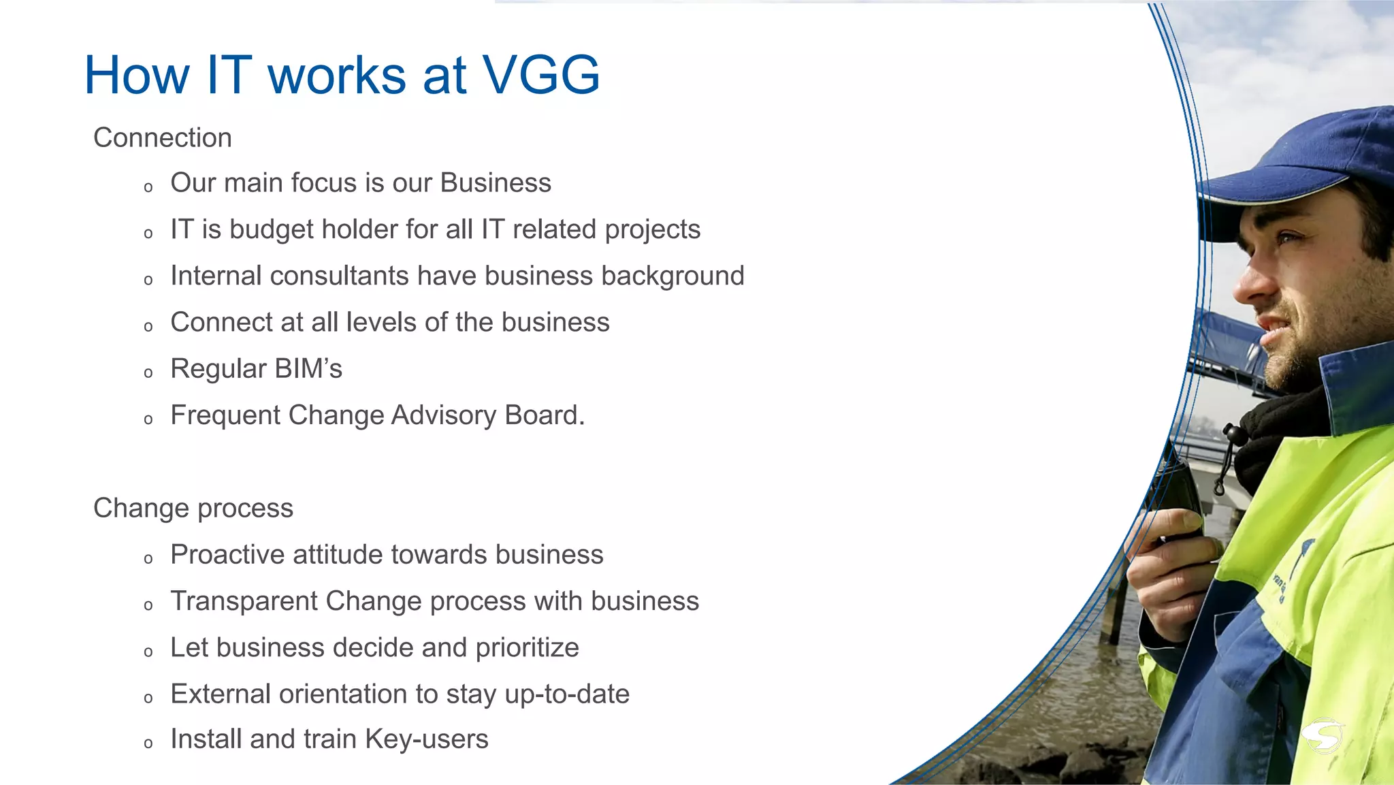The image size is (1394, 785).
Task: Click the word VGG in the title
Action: [x=541, y=75]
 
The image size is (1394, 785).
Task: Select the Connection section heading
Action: [x=163, y=138]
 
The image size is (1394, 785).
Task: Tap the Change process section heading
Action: [x=193, y=509]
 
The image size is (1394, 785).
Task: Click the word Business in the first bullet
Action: [x=496, y=183]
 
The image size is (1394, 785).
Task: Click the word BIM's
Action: [x=308, y=369]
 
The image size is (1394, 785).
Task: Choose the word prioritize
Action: [x=527, y=648]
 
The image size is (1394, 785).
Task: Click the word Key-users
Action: [x=426, y=739]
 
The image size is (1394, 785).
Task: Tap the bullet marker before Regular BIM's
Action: [x=148, y=373]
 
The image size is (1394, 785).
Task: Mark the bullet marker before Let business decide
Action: [x=148, y=652]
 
